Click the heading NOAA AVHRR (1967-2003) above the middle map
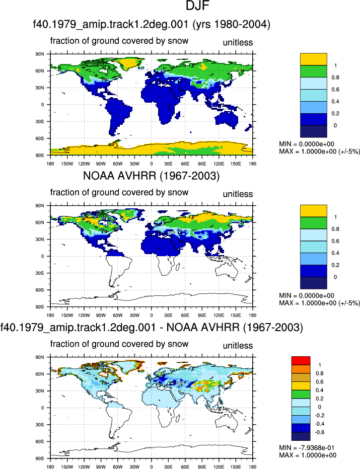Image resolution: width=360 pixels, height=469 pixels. pos(151,176)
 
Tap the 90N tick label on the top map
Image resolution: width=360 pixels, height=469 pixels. pos(40,54)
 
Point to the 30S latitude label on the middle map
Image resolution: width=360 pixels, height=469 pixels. pos(40,273)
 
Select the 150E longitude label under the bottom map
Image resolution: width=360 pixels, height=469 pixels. pos(236,466)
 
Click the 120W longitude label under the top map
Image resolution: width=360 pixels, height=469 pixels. pos(84,164)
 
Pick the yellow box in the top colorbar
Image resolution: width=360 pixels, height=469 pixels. pos(313,59)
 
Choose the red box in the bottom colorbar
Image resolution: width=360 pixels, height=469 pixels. pos(301,361)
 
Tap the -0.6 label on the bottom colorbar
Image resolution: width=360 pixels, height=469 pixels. pos(320,432)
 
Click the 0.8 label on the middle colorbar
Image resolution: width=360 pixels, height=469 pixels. pos(335,229)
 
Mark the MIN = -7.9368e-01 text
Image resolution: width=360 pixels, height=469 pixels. pos(307,448)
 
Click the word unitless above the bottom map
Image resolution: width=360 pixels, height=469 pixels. pos(238,346)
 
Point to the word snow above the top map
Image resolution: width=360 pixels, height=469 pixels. pos(178,41)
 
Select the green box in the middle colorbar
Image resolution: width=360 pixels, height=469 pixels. pos(313,223)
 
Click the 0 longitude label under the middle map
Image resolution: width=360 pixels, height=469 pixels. pos(152,315)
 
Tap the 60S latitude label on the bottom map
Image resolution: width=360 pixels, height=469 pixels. pos(40,441)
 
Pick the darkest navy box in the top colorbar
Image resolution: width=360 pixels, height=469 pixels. pos(313,131)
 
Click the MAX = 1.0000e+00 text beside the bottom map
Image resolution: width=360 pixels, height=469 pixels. pos(308,455)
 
